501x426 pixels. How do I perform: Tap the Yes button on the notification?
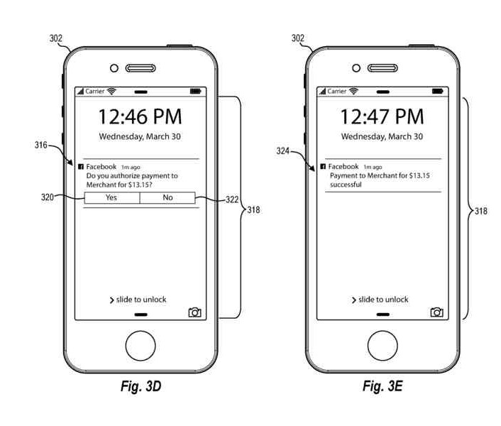click(x=111, y=197)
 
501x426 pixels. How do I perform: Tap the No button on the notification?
click(x=167, y=197)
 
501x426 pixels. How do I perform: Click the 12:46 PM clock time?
click(x=140, y=116)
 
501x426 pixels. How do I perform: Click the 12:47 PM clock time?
click(x=382, y=116)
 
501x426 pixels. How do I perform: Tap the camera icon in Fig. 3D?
click(x=194, y=312)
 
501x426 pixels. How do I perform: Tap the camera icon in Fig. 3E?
click(x=436, y=312)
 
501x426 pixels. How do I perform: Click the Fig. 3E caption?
click(x=382, y=386)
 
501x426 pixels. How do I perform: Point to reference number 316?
click(x=40, y=146)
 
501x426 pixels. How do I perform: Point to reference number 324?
click(x=283, y=151)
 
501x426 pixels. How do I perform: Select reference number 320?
click(x=48, y=198)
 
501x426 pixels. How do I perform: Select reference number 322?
click(x=232, y=200)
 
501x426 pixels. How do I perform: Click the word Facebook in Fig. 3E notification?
click(x=343, y=166)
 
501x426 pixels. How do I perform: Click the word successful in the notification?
click(x=346, y=185)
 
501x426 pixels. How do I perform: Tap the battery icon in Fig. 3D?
click(x=195, y=91)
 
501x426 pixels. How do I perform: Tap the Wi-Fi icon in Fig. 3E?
click(x=354, y=91)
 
